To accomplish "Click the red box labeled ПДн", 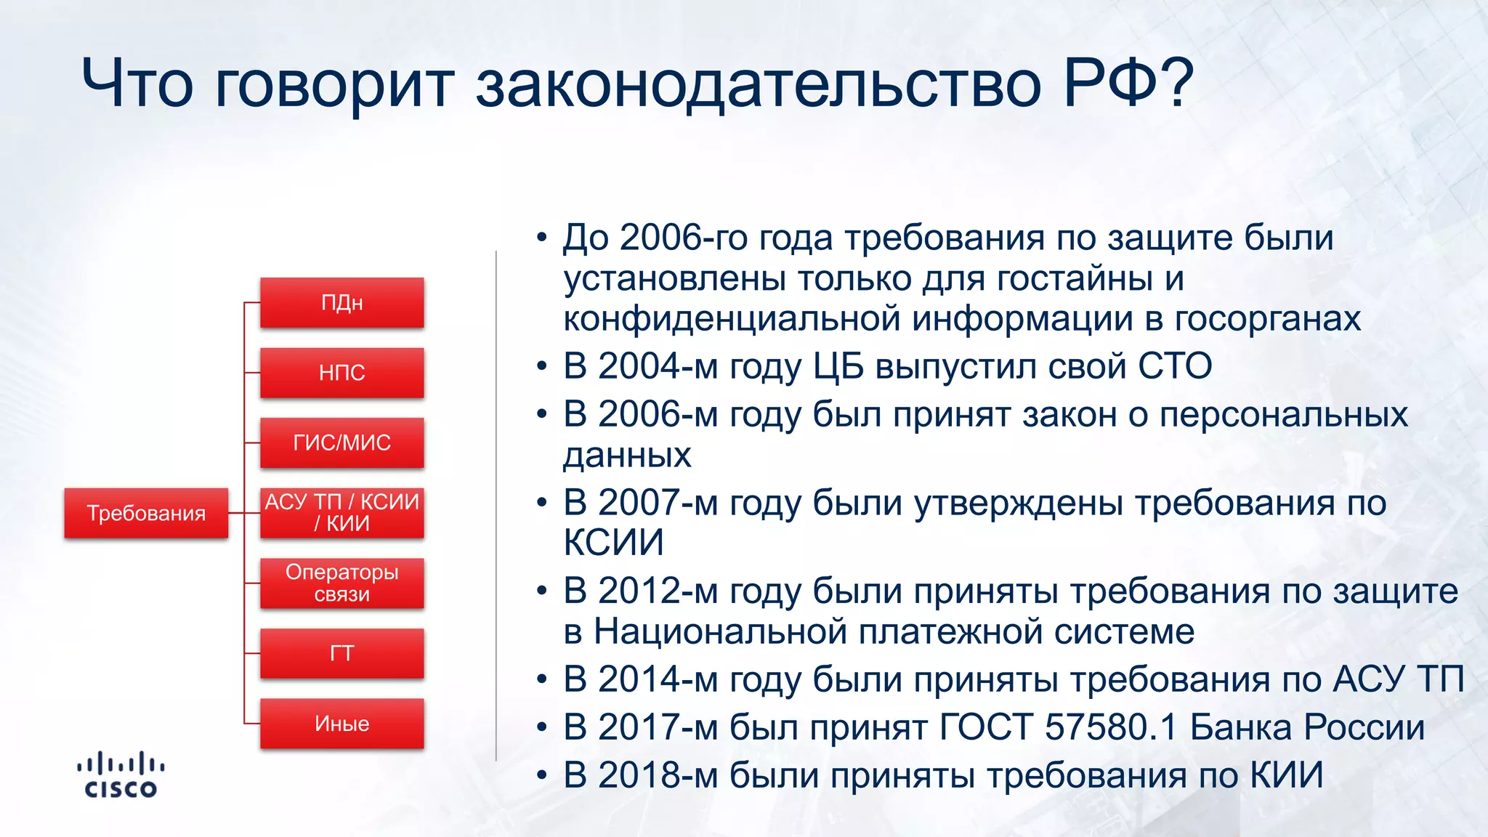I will pos(341,302).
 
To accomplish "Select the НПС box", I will pos(341,373).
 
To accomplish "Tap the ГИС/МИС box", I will pos(341,442).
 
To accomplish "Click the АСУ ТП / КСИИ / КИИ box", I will pos(341,512).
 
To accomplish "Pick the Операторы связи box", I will pos(341,583).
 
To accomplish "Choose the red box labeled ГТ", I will pos(341,653).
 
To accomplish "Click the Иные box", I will pos(341,723).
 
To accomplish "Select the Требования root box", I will pos(146,513).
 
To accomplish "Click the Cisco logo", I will pos(121,775).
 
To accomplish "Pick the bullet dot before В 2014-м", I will pos(541,680).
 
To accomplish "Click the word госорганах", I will pos(1268,319).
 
